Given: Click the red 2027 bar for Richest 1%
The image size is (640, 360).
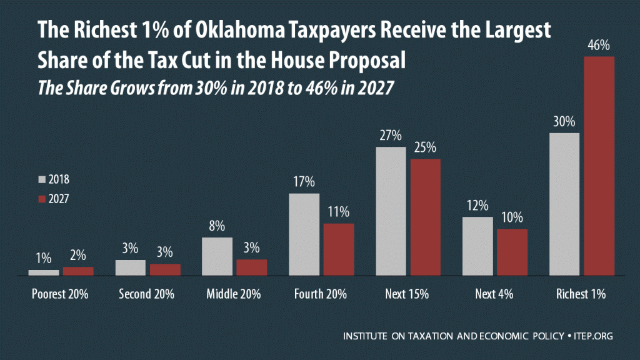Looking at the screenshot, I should point(599,166).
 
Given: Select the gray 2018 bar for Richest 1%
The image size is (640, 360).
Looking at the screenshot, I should point(564,204).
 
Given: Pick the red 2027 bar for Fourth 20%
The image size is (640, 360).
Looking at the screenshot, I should point(338,249).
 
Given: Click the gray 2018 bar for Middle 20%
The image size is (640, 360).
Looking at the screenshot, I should point(217,256).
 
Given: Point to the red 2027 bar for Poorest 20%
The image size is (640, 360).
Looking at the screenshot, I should point(78,271).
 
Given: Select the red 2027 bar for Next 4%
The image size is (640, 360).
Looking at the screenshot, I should point(512,252).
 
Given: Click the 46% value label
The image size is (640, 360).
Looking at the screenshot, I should point(599,45).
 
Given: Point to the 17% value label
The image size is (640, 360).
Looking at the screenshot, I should point(304,182).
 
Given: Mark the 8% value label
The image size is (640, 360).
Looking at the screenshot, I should point(217,226).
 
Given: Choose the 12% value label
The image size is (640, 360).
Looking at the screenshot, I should point(477,206).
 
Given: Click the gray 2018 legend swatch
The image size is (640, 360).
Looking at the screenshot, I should point(42,180).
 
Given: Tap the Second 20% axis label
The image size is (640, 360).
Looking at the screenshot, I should point(147,294).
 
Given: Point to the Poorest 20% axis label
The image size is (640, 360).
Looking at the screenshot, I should point(60,294).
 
